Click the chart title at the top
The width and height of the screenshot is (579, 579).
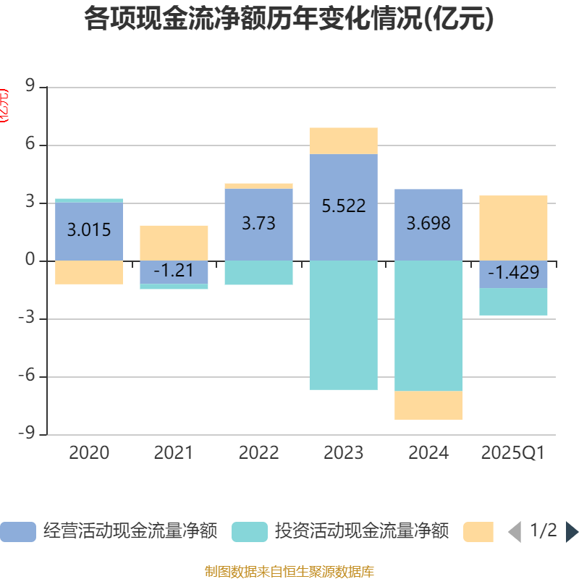point(289,20)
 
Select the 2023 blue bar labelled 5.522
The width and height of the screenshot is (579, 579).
point(343,181)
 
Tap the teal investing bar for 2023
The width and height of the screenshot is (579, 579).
point(343,326)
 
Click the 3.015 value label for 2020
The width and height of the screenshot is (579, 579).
point(89,230)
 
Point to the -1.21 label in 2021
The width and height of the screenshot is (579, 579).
point(174,271)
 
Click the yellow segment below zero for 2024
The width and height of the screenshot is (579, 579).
point(428,405)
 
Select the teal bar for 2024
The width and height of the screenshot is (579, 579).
point(428,326)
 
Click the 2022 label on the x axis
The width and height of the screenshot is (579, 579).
point(258,453)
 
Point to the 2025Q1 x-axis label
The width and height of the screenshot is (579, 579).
point(513,453)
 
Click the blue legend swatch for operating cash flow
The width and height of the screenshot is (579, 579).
point(17,532)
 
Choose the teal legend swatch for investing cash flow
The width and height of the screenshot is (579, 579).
point(249,532)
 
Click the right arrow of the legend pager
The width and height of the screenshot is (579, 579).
point(572,532)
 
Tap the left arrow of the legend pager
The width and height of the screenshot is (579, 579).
point(514,532)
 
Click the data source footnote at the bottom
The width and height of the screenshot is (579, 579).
point(289,571)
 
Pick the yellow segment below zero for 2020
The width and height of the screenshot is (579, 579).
point(89,272)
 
